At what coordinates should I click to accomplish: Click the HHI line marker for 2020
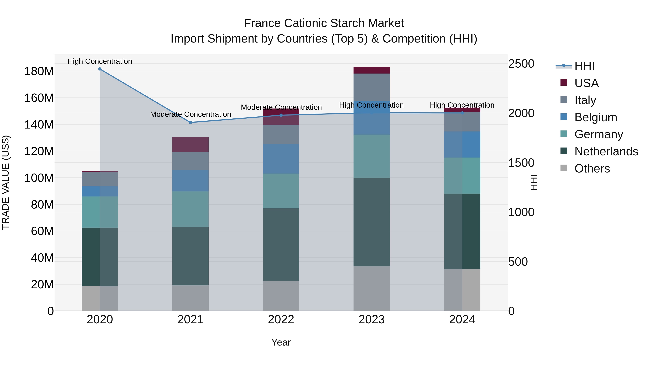point(100,69)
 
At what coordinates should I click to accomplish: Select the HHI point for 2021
point(190,122)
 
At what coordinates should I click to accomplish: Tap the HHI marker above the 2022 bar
point(281,115)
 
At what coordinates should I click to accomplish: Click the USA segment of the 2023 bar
point(372,70)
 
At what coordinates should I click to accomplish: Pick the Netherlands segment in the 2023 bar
point(372,222)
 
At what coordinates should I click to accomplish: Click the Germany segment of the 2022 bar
point(281,191)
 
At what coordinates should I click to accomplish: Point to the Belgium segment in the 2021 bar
point(190,181)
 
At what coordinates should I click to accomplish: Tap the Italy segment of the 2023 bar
point(372,87)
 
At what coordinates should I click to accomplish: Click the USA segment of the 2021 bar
point(190,144)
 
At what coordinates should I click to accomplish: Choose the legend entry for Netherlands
point(606,151)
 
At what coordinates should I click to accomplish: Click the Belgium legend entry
point(595,117)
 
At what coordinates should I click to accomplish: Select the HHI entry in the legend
point(584,66)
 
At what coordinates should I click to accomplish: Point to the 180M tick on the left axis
point(39,71)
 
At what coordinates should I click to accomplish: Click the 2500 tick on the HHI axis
point(521,64)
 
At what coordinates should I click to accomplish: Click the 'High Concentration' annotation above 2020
point(100,61)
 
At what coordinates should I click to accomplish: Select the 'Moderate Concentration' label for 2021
point(190,114)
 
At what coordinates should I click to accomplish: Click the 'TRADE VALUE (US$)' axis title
point(6,182)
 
